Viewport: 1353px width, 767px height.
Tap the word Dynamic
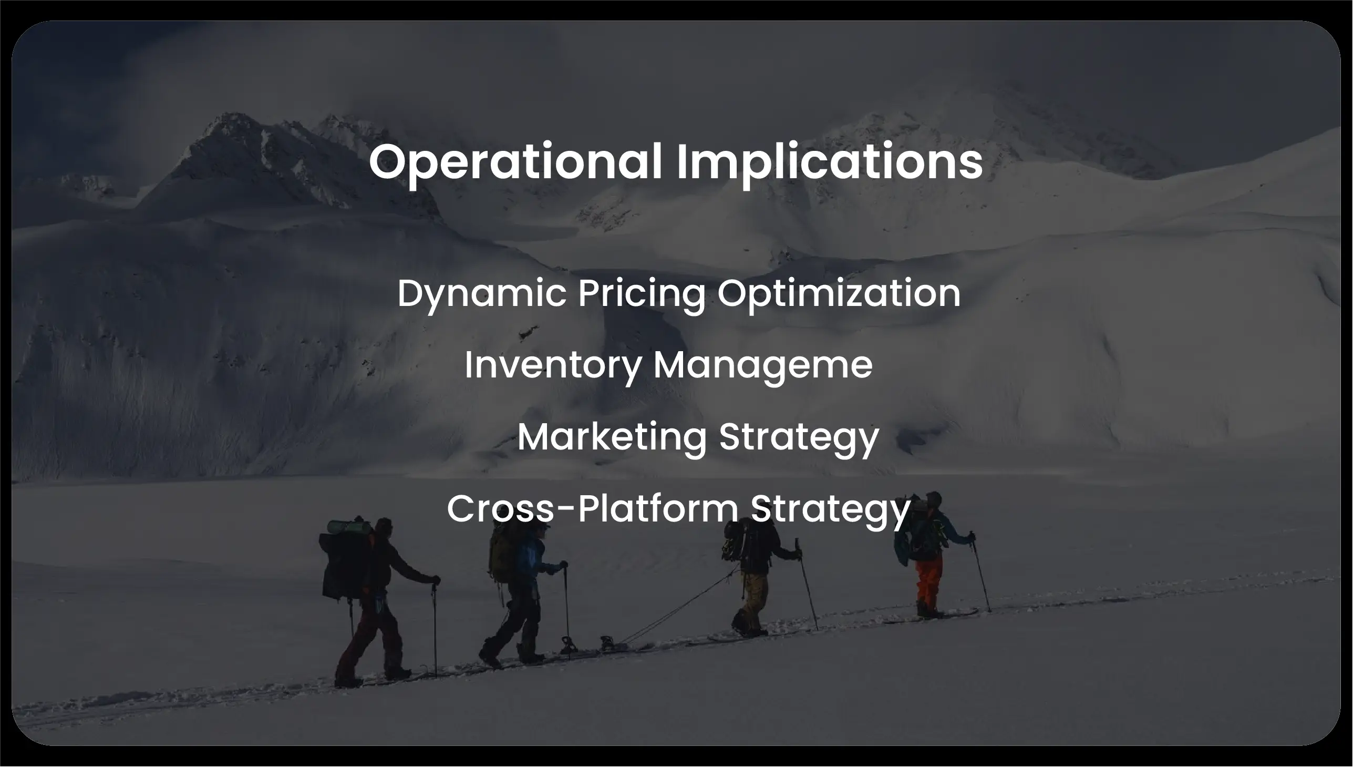(x=481, y=294)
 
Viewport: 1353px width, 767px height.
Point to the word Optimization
(x=838, y=294)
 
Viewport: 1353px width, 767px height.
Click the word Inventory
(x=552, y=365)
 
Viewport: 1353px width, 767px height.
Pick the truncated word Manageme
(x=762, y=365)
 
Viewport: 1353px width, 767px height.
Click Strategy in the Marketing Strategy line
(x=799, y=437)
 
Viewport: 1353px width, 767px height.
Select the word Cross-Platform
(x=592, y=509)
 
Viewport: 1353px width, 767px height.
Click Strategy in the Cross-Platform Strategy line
(x=830, y=509)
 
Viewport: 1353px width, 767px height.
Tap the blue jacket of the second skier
(x=530, y=556)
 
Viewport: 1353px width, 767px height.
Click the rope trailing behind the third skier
(x=679, y=611)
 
